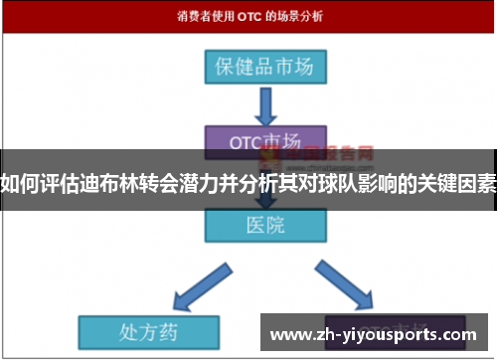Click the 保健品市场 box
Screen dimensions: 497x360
coord(264,68)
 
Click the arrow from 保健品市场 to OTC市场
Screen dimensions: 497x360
coord(264,104)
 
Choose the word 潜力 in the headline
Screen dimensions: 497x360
coord(209,185)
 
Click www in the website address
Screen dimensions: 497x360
coord(292,334)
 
